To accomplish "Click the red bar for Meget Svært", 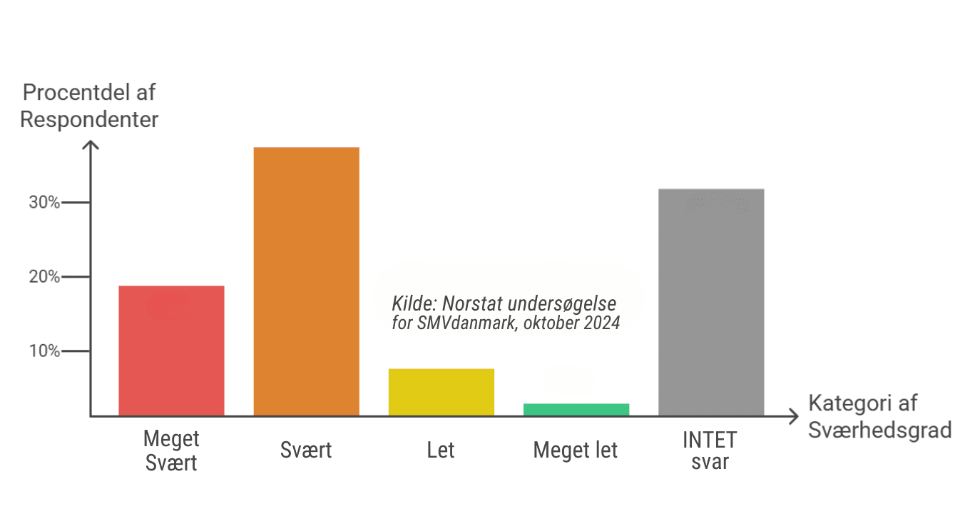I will (x=171, y=351).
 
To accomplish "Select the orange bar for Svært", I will (x=306, y=281).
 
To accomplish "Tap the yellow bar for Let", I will (x=441, y=392).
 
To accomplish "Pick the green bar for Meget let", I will (x=576, y=409).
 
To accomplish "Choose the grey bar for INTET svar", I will (x=710, y=302).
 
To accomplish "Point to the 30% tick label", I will (x=44, y=202).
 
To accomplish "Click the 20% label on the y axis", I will (x=44, y=277).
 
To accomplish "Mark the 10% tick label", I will (x=44, y=351).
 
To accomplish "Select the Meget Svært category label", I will (x=171, y=450).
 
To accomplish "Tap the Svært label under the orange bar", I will (x=306, y=450).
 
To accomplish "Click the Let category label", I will (x=441, y=450).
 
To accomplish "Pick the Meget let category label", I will (x=576, y=450).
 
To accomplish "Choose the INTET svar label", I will (x=710, y=450).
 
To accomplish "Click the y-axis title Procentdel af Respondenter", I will (x=89, y=106).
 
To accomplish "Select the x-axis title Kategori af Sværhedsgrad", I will (x=879, y=417).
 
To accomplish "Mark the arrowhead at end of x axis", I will (x=794, y=416).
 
